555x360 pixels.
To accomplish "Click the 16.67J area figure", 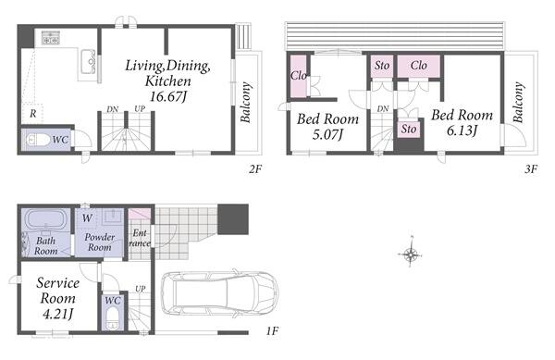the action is tap(167, 96).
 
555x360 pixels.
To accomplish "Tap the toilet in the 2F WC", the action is tap(36, 140).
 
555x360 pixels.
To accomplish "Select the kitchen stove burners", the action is tap(50, 38).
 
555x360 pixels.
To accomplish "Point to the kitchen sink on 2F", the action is tap(88, 62).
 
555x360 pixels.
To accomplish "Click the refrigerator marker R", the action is tap(33, 114).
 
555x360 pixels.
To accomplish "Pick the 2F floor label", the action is tap(255, 169).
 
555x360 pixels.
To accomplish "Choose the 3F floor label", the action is tap(531, 169).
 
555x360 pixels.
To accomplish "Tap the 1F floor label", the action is tap(272, 331).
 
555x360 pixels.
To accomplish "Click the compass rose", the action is tap(411, 254).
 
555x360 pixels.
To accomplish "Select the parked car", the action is tap(219, 294).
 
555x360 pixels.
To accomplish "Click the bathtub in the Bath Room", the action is tap(46, 220).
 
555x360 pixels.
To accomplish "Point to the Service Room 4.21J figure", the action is tap(57, 314).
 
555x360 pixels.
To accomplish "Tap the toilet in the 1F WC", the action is tap(113, 317).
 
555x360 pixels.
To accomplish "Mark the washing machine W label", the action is tap(87, 218).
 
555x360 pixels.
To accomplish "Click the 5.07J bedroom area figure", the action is tap(327, 134).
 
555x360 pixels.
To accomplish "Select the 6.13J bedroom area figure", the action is tap(462, 131).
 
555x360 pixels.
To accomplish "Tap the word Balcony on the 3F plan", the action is tap(518, 103).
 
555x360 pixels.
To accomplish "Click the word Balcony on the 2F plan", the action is tap(246, 103).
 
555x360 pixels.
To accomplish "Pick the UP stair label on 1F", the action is tap(141, 289).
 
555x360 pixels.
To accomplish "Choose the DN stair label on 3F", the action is tap(383, 108).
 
